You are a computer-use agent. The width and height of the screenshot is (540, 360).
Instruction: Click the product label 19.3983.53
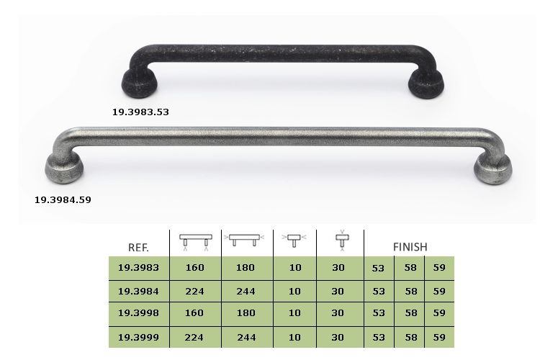(140, 112)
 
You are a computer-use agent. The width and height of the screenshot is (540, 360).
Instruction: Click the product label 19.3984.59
(63, 200)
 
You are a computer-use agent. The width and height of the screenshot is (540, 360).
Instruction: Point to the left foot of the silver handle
(64, 168)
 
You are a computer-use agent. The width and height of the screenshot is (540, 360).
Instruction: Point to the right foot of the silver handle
(492, 169)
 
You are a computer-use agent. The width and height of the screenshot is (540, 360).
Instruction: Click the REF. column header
(138, 248)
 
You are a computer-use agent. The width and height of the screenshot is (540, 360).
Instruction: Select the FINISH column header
(410, 247)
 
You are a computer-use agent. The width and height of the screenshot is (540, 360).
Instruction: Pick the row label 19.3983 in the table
(138, 267)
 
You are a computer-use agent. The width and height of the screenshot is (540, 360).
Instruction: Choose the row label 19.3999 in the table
(138, 337)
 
